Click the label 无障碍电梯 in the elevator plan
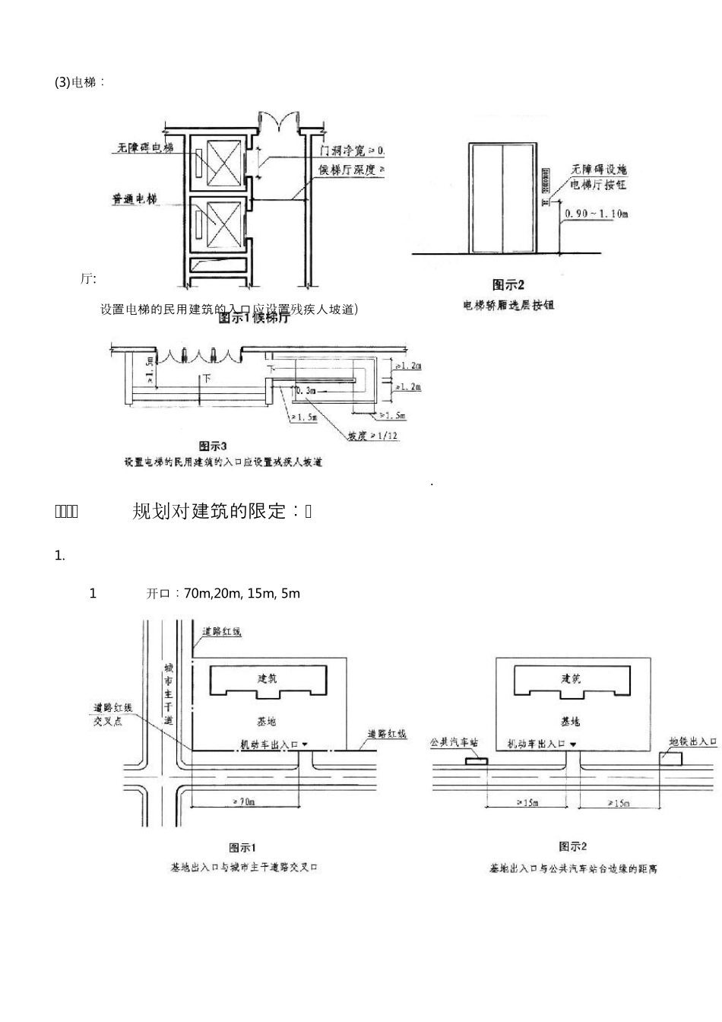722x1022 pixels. [145, 148]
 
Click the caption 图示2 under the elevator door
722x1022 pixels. [508, 285]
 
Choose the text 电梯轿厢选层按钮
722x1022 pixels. [508, 305]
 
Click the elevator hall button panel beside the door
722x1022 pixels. [543, 181]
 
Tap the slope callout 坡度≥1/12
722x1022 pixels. [373, 436]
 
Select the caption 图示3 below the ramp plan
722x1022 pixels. [214, 446]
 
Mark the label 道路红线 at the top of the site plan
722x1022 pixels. [222, 632]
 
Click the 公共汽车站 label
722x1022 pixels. [454, 741]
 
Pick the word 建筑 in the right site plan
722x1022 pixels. [571, 679]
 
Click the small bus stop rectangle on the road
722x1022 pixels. [477, 760]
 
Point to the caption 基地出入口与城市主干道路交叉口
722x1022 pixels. [244, 867]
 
